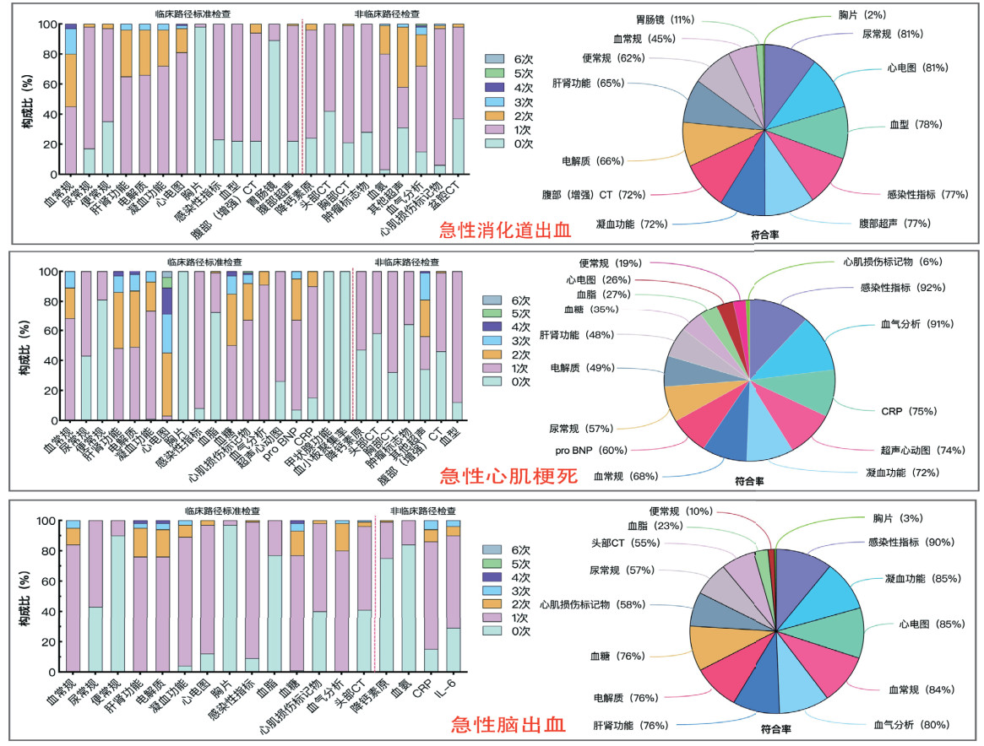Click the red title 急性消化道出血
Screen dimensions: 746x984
pyautogui.click(x=505, y=230)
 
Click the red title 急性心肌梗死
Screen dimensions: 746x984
pyautogui.click(x=508, y=477)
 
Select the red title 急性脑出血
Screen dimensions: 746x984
pyautogui.click(x=508, y=724)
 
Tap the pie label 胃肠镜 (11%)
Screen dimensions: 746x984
pyautogui.click(x=665, y=19)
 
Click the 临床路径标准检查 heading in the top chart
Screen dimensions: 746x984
pyautogui.click(x=193, y=14)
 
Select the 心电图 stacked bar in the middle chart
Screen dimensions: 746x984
pyautogui.click(x=166, y=346)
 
